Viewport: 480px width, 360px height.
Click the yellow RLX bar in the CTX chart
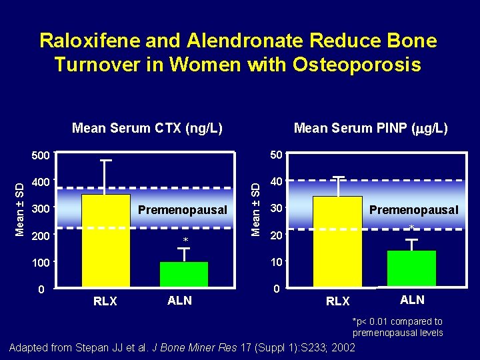click(105, 240)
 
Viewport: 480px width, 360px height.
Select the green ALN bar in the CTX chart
click(183, 274)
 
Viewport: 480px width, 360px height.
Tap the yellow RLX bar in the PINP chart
click(337, 241)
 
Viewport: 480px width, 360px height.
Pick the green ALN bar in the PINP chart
click(411, 269)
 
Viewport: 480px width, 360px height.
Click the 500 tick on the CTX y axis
click(41, 156)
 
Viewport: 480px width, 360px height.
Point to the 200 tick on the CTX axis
click(41, 236)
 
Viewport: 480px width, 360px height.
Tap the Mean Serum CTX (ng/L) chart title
click(147, 128)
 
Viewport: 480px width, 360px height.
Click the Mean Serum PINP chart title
click(371, 128)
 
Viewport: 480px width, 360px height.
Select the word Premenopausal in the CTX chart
click(182, 210)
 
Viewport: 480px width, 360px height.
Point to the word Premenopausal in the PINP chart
click(413, 210)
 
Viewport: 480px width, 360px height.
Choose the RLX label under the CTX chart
click(105, 301)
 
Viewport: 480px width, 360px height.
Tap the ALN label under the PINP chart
click(412, 300)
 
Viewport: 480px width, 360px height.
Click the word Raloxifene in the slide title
click(86, 41)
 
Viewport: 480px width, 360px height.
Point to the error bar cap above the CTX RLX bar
click(105, 161)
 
